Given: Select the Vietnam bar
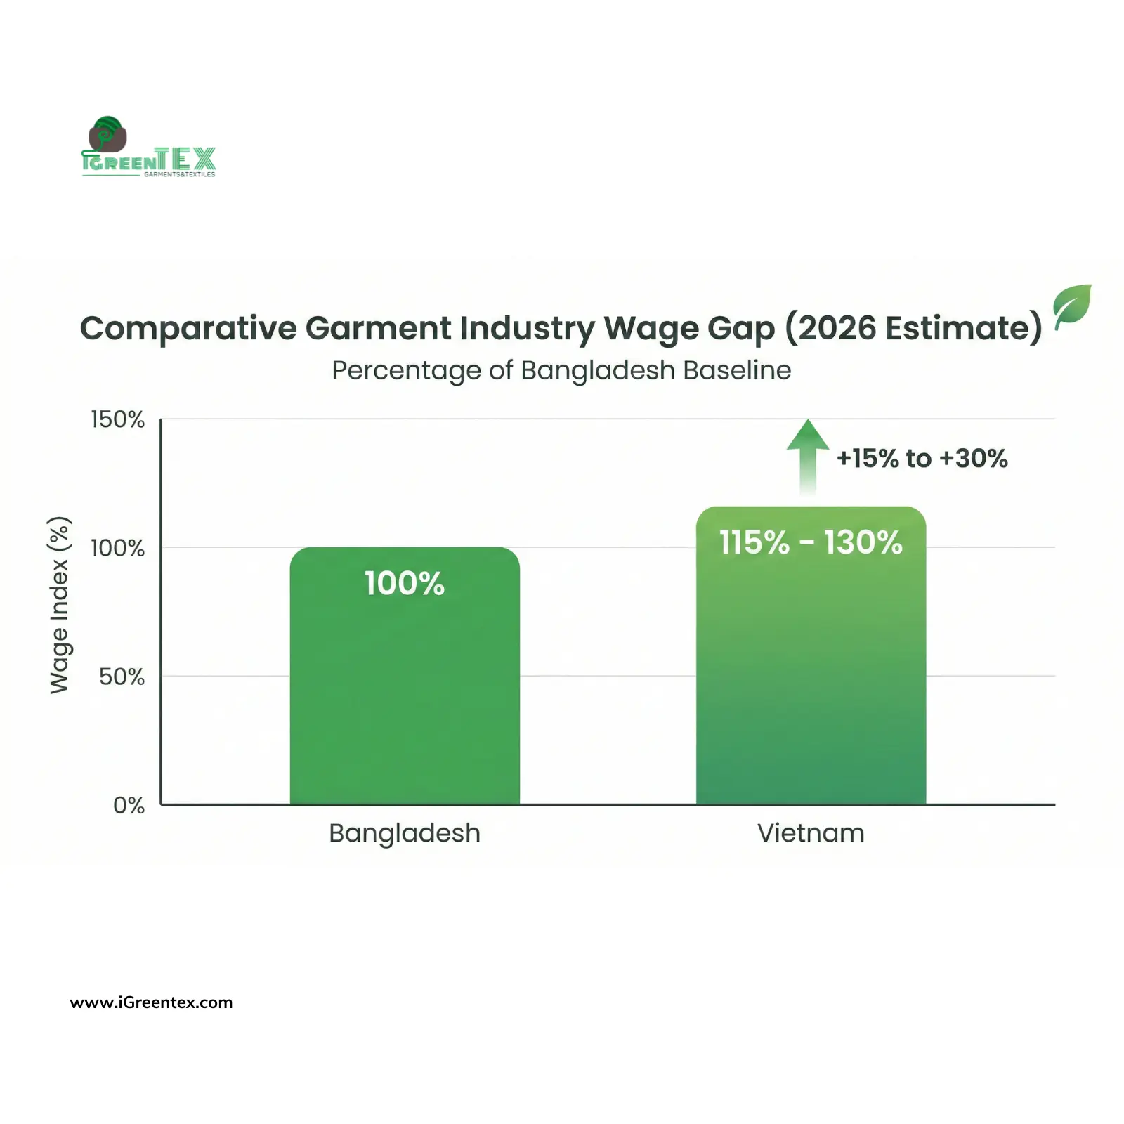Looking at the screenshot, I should [811, 674].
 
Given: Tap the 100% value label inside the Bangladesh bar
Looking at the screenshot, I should [405, 583].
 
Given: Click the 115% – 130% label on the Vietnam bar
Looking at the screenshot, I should [811, 542].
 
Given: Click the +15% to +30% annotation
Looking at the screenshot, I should [922, 459].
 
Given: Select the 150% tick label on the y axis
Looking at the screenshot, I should [117, 419].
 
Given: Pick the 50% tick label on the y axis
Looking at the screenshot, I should [122, 677].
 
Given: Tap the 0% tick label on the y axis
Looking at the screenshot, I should [129, 805].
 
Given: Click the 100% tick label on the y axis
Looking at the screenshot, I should [117, 548].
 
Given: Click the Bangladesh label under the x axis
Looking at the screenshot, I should [405, 833].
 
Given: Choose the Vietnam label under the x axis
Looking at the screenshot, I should [811, 833].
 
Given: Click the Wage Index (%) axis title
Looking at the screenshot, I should [60, 605].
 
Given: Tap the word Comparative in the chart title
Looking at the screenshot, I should [188, 328].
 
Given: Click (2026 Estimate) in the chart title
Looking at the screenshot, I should [913, 328].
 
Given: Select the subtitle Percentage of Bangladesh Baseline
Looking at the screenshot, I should [561, 370].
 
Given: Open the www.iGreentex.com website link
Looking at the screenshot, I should [151, 1002].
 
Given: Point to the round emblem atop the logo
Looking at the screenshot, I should [107, 134].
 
